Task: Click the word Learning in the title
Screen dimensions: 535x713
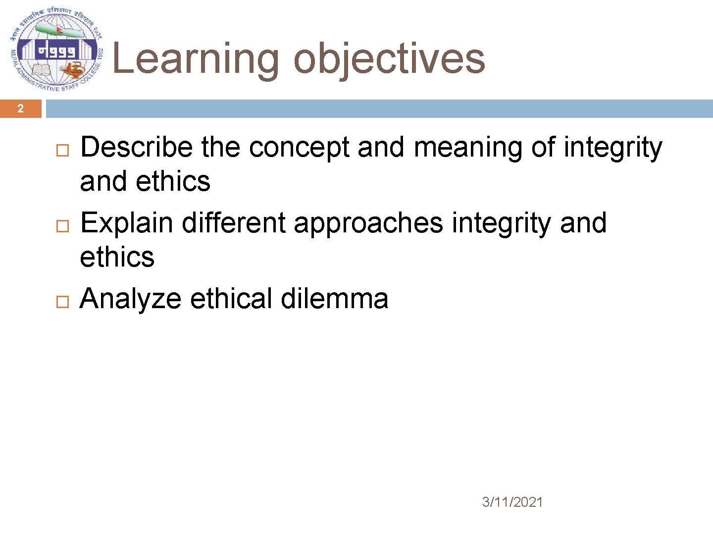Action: click(196, 59)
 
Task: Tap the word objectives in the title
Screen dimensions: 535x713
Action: click(389, 59)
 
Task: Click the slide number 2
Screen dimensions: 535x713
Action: click(20, 108)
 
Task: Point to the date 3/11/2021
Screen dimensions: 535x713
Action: click(512, 502)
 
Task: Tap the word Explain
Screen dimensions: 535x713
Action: click(126, 223)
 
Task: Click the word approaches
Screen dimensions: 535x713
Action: click(368, 224)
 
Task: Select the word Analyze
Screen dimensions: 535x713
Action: click(130, 299)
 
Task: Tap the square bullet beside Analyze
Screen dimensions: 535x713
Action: click(62, 301)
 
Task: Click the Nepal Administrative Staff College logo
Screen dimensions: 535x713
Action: click(56, 50)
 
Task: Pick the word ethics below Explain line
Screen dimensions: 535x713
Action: click(117, 257)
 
